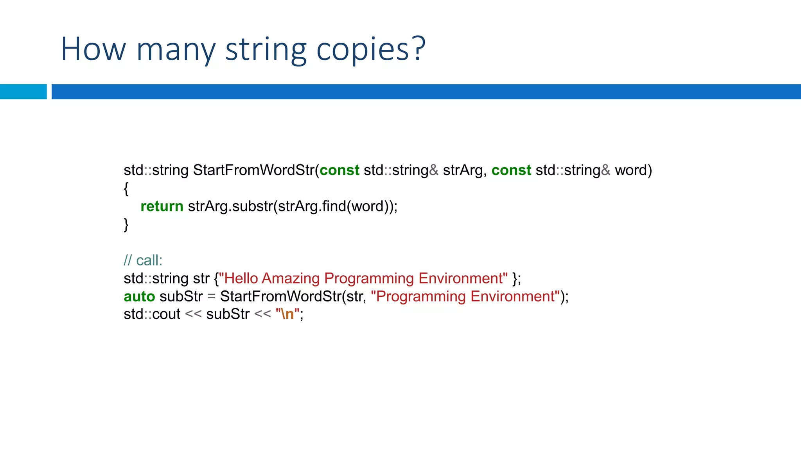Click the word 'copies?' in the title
[370, 50]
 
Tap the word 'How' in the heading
[93, 50]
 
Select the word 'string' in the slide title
[266, 50]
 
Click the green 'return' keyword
[162, 206]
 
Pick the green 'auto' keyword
[139, 296]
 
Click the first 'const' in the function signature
[339, 170]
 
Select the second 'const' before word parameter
[511, 170]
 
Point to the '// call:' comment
[143, 260]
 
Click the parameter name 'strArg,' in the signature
[465, 170]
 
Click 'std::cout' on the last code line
[152, 314]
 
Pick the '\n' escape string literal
[287, 314]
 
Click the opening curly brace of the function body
[126, 189]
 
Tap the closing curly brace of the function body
[126, 225]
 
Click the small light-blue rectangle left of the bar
[23, 92]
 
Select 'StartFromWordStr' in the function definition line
[253, 170]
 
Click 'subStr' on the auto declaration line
[181, 296]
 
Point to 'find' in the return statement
[334, 206]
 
